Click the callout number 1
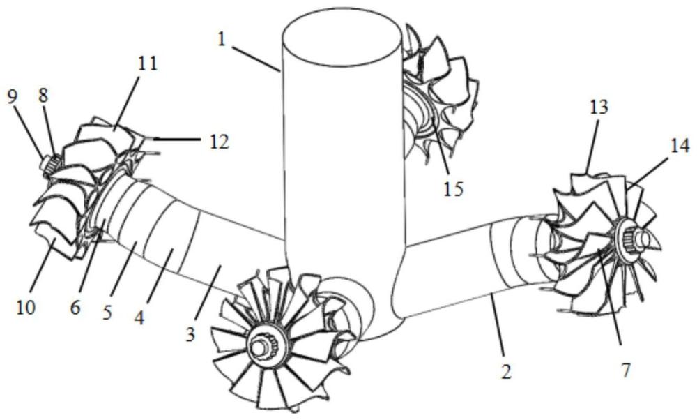tap(222, 39)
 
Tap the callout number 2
tap(506, 370)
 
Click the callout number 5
tap(107, 312)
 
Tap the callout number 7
tap(625, 370)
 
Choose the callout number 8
tap(43, 96)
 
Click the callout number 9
tap(12, 96)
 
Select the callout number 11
tap(147, 63)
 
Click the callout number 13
tap(598, 107)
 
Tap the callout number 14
tap(680, 146)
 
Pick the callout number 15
tap(453, 188)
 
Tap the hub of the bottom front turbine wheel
tap(267, 344)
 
